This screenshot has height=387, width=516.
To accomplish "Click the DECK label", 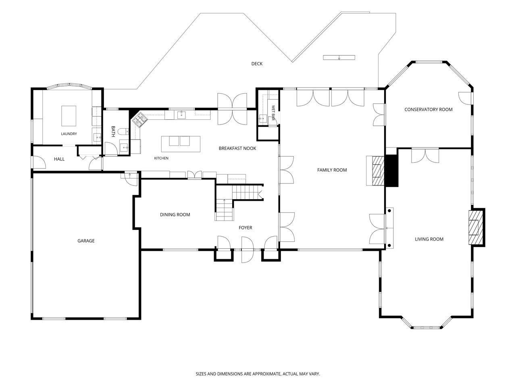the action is (x=257, y=64).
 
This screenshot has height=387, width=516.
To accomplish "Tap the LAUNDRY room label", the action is (x=69, y=134).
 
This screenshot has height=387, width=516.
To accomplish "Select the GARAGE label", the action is (x=86, y=241).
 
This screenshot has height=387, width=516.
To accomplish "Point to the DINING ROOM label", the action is (x=175, y=214).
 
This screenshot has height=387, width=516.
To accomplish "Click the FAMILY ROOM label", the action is (x=332, y=170).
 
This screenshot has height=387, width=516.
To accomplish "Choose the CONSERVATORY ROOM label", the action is (x=428, y=110).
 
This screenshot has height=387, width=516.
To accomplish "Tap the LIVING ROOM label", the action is (x=429, y=239).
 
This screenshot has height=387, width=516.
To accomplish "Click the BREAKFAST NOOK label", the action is (x=237, y=148).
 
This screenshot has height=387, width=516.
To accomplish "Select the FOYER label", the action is (x=246, y=227).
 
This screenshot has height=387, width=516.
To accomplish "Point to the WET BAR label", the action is (x=273, y=113).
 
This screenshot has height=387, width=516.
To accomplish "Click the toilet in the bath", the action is (x=123, y=132).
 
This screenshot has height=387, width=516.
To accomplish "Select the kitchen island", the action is (x=181, y=144).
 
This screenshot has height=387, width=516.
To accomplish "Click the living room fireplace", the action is (x=476, y=227).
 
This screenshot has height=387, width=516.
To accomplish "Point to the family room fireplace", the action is (x=375, y=171).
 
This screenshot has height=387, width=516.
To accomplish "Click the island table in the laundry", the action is (x=69, y=116).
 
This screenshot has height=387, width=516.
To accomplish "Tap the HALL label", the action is (x=59, y=159).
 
